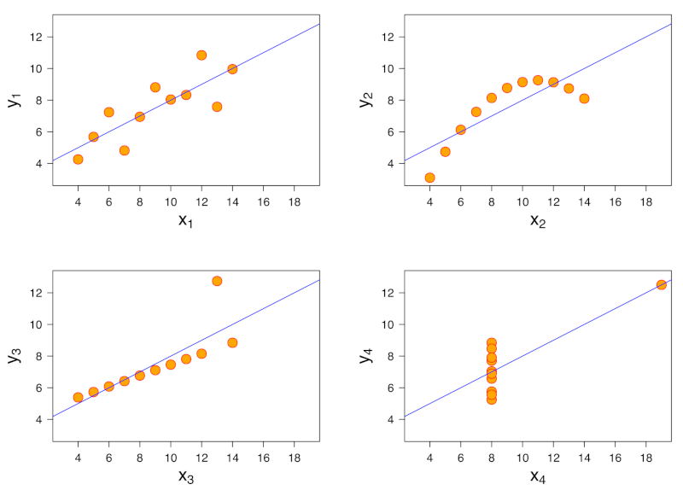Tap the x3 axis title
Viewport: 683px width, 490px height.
(184, 476)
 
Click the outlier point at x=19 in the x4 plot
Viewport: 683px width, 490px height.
(662, 284)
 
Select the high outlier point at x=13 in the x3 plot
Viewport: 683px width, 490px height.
(217, 281)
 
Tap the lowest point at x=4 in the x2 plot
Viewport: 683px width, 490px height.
(429, 178)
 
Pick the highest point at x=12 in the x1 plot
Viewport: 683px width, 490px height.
(201, 55)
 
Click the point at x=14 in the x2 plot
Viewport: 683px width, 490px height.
(584, 98)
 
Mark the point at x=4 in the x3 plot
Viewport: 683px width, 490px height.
(78, 397)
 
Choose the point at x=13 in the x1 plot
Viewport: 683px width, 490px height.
(217, 107)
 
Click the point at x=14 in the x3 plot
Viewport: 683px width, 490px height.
(232, 342)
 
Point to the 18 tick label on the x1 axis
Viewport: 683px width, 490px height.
(294, 201)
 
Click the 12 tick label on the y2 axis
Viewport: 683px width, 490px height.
(386, 37)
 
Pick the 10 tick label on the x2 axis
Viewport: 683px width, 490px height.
(522, 201)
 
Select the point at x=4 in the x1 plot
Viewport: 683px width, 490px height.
(78, 159)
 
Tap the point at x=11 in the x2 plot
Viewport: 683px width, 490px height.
(538, 80)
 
